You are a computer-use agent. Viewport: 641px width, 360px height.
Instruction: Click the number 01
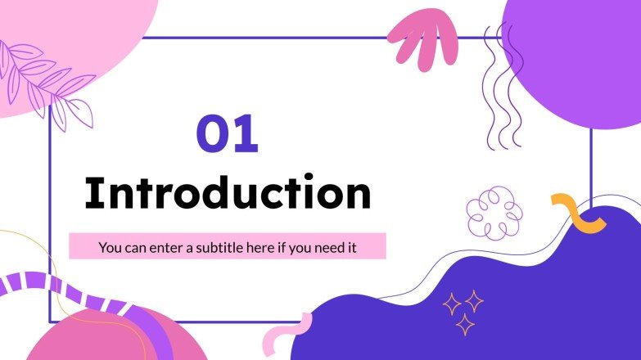(227, 135)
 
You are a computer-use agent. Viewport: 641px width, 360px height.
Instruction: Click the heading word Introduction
(228, 194)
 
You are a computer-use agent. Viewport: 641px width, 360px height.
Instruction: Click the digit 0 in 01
(211, 135)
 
